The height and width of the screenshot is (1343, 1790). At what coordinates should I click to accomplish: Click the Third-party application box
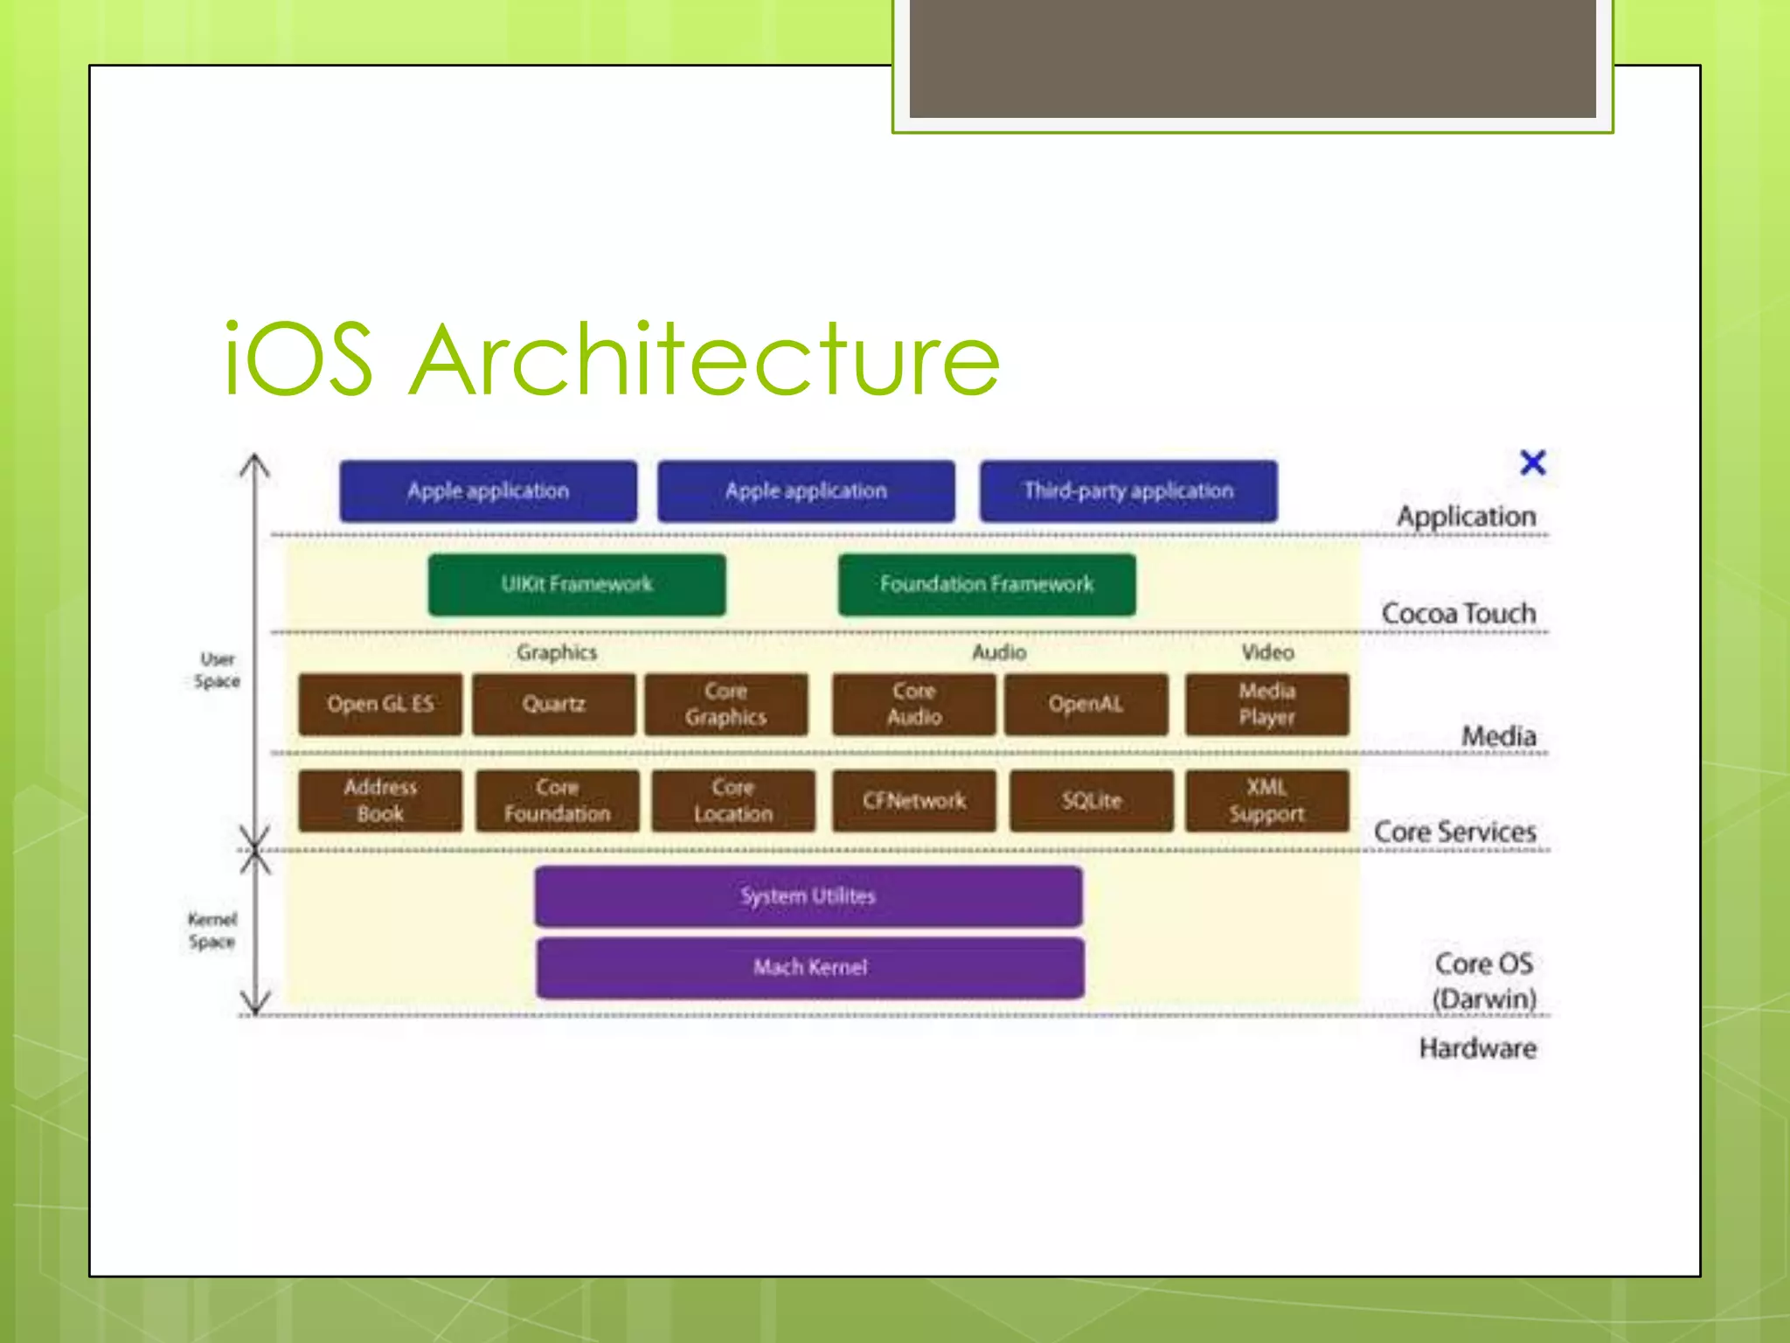pos(1127,491)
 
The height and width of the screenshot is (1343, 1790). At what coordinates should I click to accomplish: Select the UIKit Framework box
pos(577,584)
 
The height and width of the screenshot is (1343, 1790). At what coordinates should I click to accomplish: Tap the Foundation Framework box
pos(987,584)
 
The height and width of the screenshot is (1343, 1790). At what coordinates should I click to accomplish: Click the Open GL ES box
pos(379,704)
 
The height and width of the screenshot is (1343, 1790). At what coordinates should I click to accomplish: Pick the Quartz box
pos(553,704)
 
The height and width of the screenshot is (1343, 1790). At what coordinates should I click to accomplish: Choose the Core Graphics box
pos(725,704)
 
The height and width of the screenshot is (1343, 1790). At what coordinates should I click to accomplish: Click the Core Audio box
pos(913,704)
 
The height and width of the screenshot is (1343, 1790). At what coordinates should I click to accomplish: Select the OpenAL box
pos(1086,704)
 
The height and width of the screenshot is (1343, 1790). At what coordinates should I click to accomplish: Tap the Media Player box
pos(1266,704)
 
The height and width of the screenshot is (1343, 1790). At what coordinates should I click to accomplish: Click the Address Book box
pos(379,800)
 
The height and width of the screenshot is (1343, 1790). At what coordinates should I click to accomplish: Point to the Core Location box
pos(732,800)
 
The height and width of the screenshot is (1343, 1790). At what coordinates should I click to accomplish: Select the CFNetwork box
pos(913,800)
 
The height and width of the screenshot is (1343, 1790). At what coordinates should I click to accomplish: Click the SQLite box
pos(1091,800)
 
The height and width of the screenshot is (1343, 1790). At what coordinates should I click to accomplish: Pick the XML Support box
pos(1266,800)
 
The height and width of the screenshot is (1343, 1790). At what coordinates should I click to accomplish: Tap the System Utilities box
pos(808,896)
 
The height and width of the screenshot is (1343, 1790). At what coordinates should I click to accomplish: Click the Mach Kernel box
pos(810,967)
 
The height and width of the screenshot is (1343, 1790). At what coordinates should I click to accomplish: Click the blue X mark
pos(1532,463)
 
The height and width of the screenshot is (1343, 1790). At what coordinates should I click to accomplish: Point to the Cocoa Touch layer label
pos(1458,613)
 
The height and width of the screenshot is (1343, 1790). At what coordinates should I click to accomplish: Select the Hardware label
pos(1477,1047)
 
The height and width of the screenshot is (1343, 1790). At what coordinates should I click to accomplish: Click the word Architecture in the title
pos(704,359)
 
